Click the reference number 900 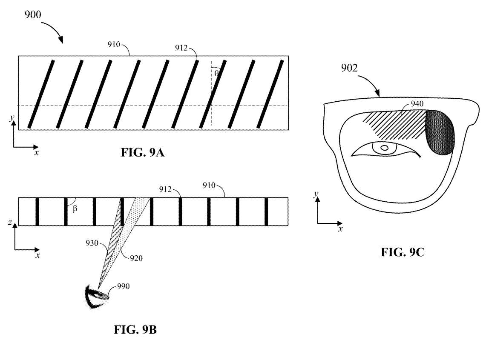33,14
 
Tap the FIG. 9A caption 142,152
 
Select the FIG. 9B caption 135,329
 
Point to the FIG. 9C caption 403,252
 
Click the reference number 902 349,68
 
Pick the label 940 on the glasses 417,104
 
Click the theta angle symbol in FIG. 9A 216,73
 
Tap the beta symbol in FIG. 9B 75,209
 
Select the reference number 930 92,243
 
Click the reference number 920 136,258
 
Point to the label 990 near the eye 123,286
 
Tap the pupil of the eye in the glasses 384,148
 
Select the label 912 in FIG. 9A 181,48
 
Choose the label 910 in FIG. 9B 209,186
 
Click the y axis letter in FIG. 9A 12,117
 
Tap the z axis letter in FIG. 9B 10,222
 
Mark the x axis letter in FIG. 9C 340,229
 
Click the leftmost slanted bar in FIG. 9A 41,94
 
